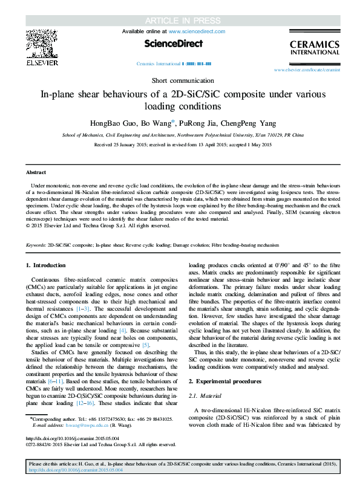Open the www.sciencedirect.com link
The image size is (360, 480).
click(197, 31)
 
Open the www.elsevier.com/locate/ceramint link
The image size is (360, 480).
click(307, 70)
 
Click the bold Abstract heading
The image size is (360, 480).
click(36, 172)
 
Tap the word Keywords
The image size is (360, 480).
click(36, 262)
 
